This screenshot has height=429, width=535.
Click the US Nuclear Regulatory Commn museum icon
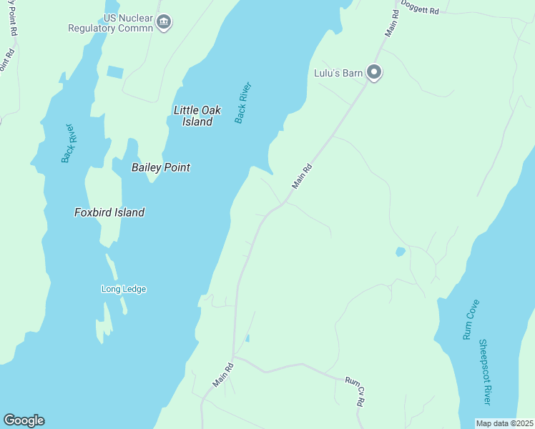[x=165, y=22]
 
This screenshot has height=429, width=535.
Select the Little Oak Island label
[x=197, y=116]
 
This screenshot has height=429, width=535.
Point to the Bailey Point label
[x=161, y=167]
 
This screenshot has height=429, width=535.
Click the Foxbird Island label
[x=109, y=212]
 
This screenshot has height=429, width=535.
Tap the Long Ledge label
[x=124, y=289]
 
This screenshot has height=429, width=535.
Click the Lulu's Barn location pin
[x=374, y=71]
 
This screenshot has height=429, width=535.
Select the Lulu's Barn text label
[x=338, y=72]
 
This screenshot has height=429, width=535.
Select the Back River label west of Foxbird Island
[x=68, y=143]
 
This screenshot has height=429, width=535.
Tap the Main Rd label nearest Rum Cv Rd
[x=222, y=376]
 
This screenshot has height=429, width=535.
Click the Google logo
[x=24, y=420]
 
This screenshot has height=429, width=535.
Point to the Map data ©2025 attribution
[x=505, y=423]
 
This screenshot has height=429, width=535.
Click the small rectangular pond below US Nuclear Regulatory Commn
[x=114, y=72]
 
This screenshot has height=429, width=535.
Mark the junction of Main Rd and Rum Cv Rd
[x=234, y=357]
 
